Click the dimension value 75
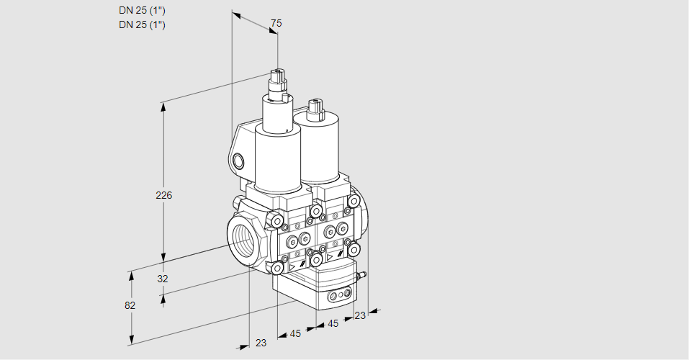pos(275,24)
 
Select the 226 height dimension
pos(165,195)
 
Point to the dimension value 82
pos(130,305)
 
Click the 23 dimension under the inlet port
pos(261,343)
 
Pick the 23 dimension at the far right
pos(360,315)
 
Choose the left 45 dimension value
pos(295,333)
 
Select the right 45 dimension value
pos(333,324)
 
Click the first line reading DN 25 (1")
pos(142,11)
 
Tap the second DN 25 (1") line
pos(142,24)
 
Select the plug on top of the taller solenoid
pos(278,78)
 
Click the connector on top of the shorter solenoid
pos(314,108)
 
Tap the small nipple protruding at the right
pos(364,274)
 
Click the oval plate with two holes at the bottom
pos(338,295)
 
